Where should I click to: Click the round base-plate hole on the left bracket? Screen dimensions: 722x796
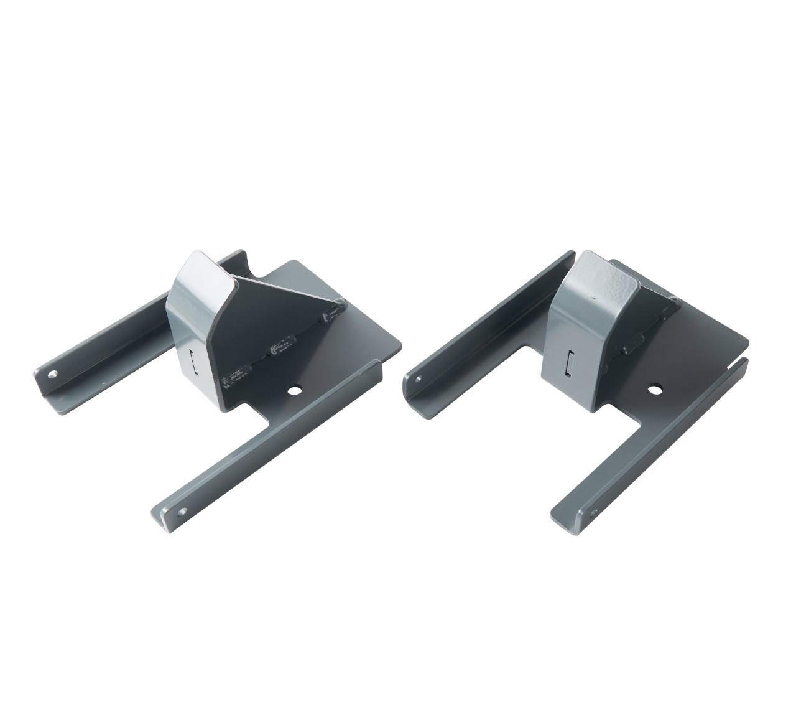pos(294,391)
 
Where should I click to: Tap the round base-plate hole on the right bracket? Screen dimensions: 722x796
pos(654,390)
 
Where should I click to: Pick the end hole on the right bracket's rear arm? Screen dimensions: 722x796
pos(420,377)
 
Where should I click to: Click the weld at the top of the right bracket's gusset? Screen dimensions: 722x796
pos(672,303)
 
